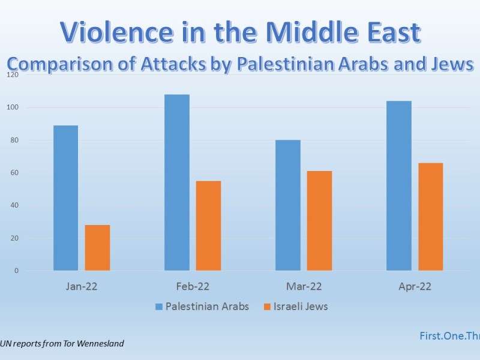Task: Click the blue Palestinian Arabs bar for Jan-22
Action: (x=65, y=198)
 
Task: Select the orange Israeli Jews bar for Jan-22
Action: (x=97, y=248)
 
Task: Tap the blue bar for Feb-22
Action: (x=176, y=182)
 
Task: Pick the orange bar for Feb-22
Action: (x=208, y=226)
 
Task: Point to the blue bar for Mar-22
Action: (x=288, y=205)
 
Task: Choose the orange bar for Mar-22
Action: (x=319, y=221)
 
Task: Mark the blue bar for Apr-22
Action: (x=399, y=185)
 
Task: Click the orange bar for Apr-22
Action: (x=431, y=217)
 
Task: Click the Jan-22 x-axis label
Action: (x=82, y=286)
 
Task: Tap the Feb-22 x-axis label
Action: (x=193, y=286)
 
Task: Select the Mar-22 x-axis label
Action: (x=304, y=286)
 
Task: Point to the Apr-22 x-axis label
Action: (x=415, y=286)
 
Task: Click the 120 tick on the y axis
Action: (x=13, y=75)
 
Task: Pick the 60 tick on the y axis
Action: (x=14, y=173)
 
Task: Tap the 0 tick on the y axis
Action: (x=16, y=271)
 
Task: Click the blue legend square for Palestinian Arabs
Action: (x=159, y=307)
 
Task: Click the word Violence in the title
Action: (x=111, y=32)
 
